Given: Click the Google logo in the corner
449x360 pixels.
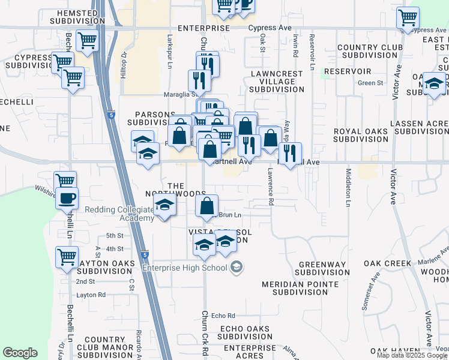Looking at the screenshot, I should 20,353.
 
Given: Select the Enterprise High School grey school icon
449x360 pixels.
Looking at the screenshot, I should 237,267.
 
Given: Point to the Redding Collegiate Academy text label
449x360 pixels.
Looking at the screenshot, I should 119,214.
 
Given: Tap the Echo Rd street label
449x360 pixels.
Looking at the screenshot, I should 223,316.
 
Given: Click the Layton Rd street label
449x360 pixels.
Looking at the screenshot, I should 91,295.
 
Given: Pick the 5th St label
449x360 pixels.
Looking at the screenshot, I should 114,236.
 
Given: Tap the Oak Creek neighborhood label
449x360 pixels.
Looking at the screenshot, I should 387,263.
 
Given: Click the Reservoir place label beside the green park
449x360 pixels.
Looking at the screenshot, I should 354,71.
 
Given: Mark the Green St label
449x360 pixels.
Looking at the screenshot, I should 370,83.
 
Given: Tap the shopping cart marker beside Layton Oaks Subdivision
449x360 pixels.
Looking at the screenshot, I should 67,257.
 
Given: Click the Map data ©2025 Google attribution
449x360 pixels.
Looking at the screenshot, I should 412,355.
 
